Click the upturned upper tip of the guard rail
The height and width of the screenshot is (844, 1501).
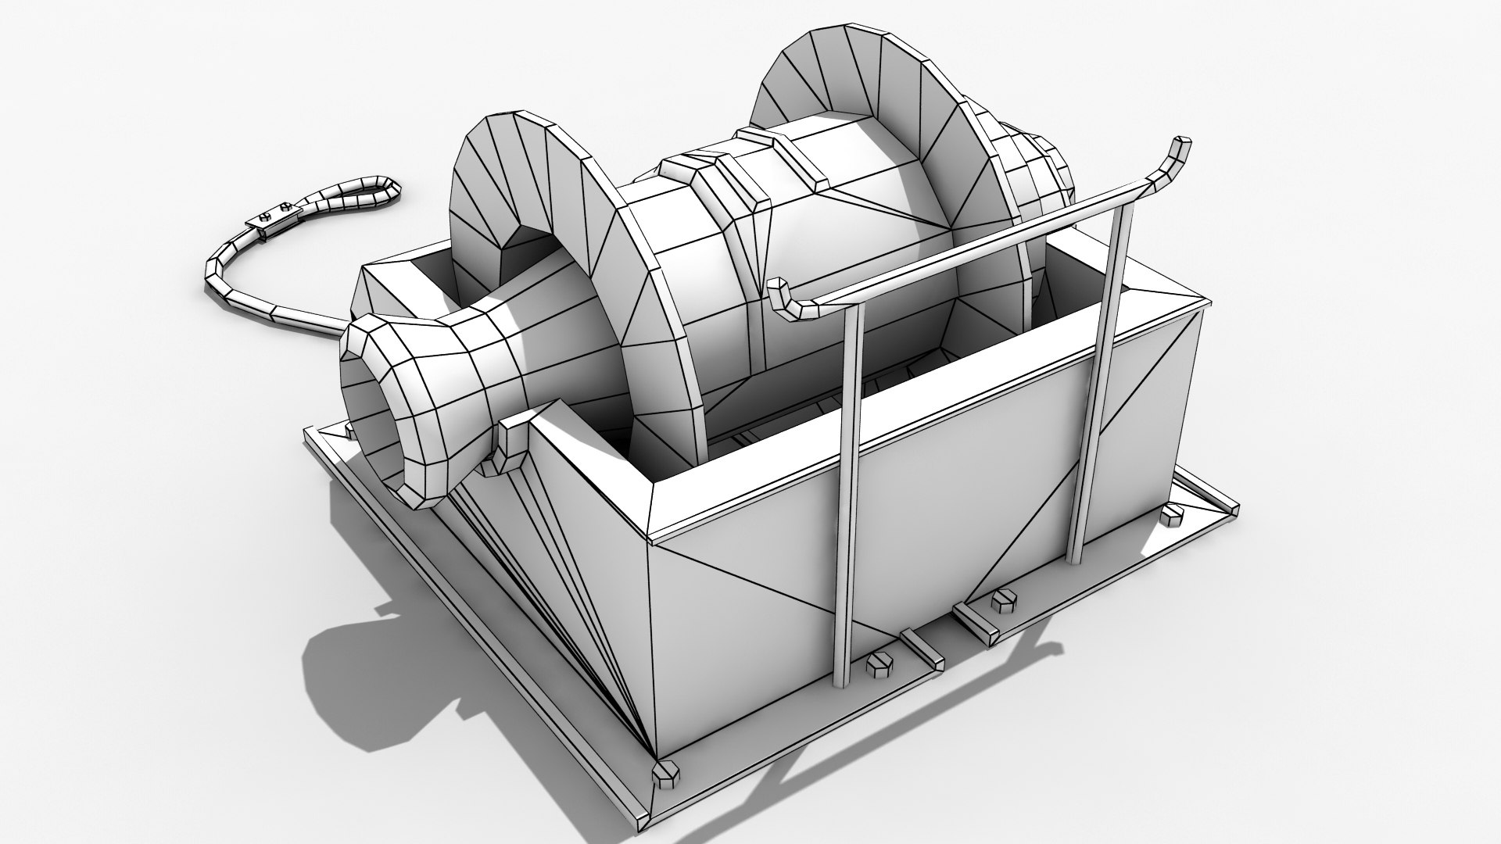click(1177, 156)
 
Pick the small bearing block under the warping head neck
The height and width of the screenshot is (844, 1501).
click(512, 445)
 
